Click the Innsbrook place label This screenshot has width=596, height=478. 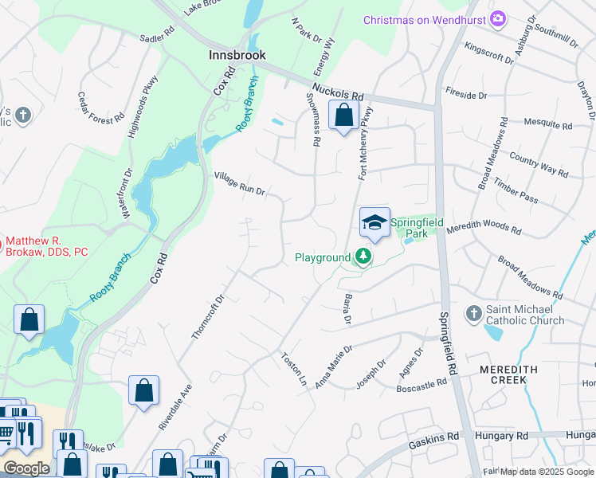(x=237, y=56)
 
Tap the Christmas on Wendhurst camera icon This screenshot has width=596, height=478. (x=499, y=19)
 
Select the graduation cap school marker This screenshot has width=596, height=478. (x=374, y=222)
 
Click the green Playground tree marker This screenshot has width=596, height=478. (x=363, y=257)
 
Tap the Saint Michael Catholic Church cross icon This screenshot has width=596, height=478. (x=474, y=313)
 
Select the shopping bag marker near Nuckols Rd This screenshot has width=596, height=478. (x=343, y=116)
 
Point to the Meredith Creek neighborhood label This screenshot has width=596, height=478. (x=503, y=374)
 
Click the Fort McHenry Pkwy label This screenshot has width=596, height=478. (x=366, y=144)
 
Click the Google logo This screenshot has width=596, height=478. (x=26, y=468)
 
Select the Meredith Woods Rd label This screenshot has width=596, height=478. (x=484, y=231)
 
